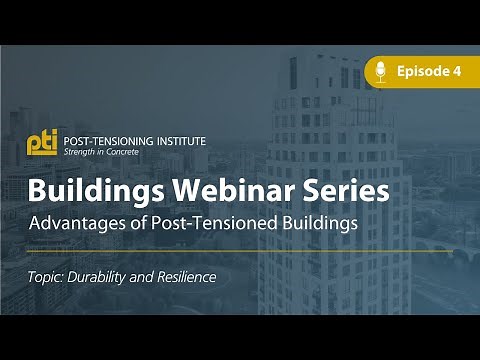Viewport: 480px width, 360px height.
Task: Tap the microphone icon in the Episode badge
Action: pyautogui.click(x=380, y=71)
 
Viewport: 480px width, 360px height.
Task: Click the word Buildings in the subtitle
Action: pyautogui.click(x=318, y=222)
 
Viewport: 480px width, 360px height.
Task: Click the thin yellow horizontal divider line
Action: pyautogui.click(x=240, y=251)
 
